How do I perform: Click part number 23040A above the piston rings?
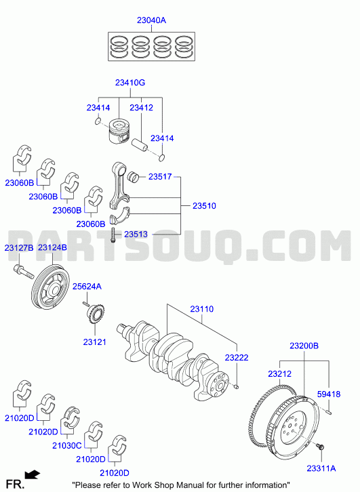pos(151,20)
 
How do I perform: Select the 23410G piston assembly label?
pos(130,83)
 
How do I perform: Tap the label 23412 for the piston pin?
pos(141,108)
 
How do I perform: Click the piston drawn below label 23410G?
pos(119,132)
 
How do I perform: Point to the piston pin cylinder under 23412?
pos(139,144)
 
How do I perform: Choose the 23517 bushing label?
pos(160,177)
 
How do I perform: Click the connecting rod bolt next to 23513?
pos(113,235)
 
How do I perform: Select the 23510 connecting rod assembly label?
pos(204,206)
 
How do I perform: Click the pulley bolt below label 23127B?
pos(24,272)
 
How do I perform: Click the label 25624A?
pos(87,287)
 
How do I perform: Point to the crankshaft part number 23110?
pos(202,309)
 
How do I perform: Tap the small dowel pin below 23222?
pos(237,386)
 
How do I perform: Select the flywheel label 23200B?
pos(304,346)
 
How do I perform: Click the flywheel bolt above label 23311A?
pos(320,447)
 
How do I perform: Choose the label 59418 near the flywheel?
pos(329,394)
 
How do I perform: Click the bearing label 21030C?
pos(67,445)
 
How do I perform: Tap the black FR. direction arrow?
pos(32,475)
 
